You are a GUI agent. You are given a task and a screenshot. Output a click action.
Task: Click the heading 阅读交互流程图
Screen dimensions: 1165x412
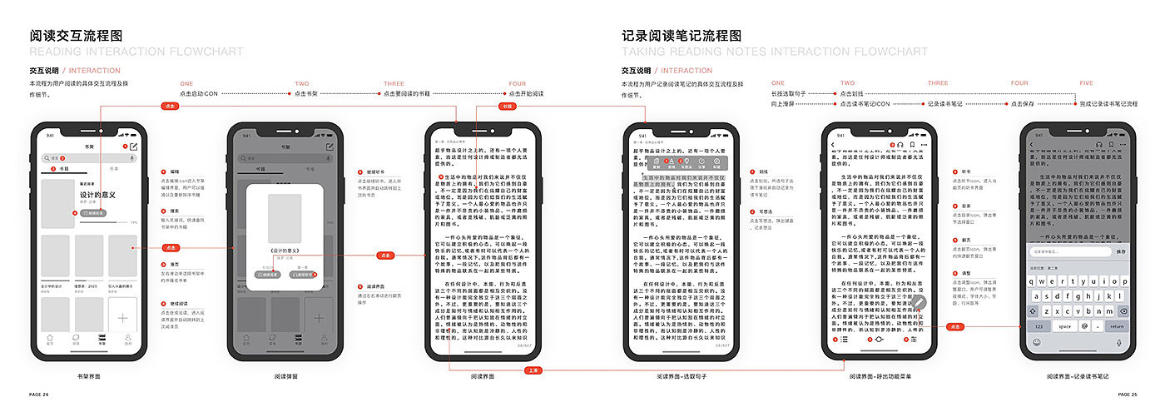click(x=77, y=36)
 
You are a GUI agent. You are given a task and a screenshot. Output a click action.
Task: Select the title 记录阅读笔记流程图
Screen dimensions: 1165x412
click(x=682, y=36)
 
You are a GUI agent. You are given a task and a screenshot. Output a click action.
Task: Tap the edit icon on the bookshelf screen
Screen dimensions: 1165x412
click(x=134, y=146)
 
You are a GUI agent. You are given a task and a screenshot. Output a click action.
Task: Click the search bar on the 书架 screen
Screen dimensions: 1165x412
click(x=83, y=157)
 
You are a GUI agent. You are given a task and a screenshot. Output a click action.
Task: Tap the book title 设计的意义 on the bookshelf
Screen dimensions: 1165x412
click(x=97, y=195)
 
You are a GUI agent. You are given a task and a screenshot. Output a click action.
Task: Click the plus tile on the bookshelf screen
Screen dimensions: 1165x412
click(x=122, y=317)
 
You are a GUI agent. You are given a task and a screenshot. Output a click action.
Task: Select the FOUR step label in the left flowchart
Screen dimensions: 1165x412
click(x=517, y=84)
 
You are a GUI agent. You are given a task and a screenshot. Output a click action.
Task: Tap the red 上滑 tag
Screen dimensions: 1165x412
click(x=533, y=370)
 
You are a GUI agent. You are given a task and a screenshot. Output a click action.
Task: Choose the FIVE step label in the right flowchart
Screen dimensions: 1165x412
click(x=1086, y=84)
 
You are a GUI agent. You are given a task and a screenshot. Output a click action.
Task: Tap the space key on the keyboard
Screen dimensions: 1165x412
click(x=1064, y=326)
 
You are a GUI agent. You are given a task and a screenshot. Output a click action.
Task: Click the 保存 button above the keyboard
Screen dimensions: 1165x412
click(x=1121, y=251)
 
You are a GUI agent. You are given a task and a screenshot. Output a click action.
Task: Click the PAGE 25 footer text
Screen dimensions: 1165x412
click(x=1128, y=395)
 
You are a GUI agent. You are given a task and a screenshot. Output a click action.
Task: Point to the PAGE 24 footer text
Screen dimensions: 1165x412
click(x=39, y=395)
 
